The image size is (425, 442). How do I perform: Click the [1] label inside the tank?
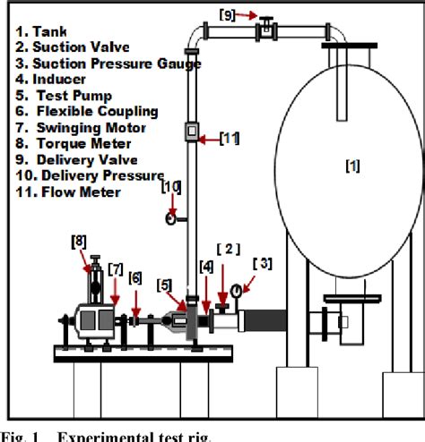(x=328, y=167)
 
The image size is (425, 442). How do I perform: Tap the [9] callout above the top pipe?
(x=229, y=13)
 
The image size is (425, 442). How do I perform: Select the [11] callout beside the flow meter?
(x=230, y=138)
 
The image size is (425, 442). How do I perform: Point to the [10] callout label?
(x=171, y=186)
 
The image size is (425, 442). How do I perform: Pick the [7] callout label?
(x=116, y=268)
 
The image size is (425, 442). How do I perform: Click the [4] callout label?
(x=206, y=266)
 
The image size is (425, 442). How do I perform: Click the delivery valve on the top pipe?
(x=266, y=29)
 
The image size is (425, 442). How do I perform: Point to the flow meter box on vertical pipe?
(x=191, y=132)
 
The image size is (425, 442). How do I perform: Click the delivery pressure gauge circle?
(x=170, y=217)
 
